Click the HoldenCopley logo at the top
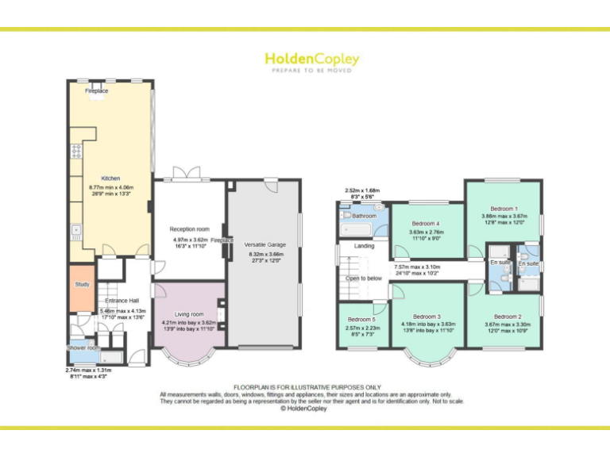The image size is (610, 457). (311, 60)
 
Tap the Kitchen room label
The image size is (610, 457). (110, 179)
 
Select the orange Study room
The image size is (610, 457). (83, 284)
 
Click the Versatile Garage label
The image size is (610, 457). (264, 244)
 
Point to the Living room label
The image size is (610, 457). (188, 314)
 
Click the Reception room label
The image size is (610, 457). (189, 229)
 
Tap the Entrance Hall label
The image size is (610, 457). (122, 301)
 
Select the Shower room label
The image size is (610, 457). (83, 348)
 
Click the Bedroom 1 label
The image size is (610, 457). (504, 208)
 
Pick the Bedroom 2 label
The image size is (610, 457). (502, 316)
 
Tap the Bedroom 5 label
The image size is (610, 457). (361, 320)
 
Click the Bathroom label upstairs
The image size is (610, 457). (364, 216)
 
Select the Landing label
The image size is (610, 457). (364, 246)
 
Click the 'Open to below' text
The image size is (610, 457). (364, 278)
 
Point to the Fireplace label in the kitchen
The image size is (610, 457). (97, 91)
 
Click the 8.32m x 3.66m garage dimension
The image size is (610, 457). (264, 252)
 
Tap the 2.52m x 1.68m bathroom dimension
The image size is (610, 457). (361, 190)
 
